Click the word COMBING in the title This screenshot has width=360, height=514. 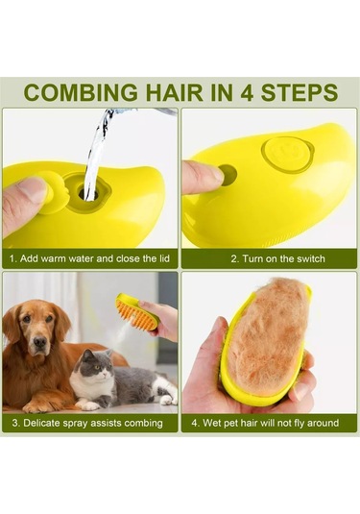[x=81, y=92]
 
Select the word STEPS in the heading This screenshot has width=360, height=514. [x=300, y=92]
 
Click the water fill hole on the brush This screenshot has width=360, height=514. [x=88, y=194]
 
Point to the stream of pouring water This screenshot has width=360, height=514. [x=95, y=154]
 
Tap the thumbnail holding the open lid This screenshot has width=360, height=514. [x=32, y=190]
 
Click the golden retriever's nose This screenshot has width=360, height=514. [x=40, y=342]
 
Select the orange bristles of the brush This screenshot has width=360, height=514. [x=137, y=315]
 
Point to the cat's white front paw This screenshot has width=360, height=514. [x=89, y=405]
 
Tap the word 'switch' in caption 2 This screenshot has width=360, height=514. [x=311, y=259]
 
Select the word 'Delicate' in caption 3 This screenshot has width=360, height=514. [x=41, y=423]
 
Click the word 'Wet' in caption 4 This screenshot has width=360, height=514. [x=212, y=423]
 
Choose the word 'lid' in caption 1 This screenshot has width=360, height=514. [x=164, y=258]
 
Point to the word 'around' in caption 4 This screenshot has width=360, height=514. [x=323, y=423]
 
